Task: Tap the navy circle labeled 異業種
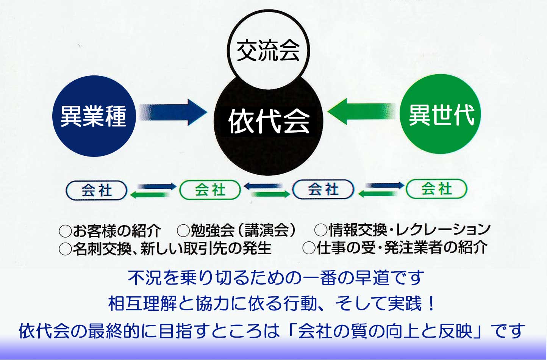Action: point(94,116)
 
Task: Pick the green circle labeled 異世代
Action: point(440,114)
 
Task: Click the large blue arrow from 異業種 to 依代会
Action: point(173,112)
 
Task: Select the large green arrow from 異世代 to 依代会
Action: point(361,111)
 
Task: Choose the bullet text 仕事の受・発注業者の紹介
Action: point(402,248)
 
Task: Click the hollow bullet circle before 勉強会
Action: point(183,230)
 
